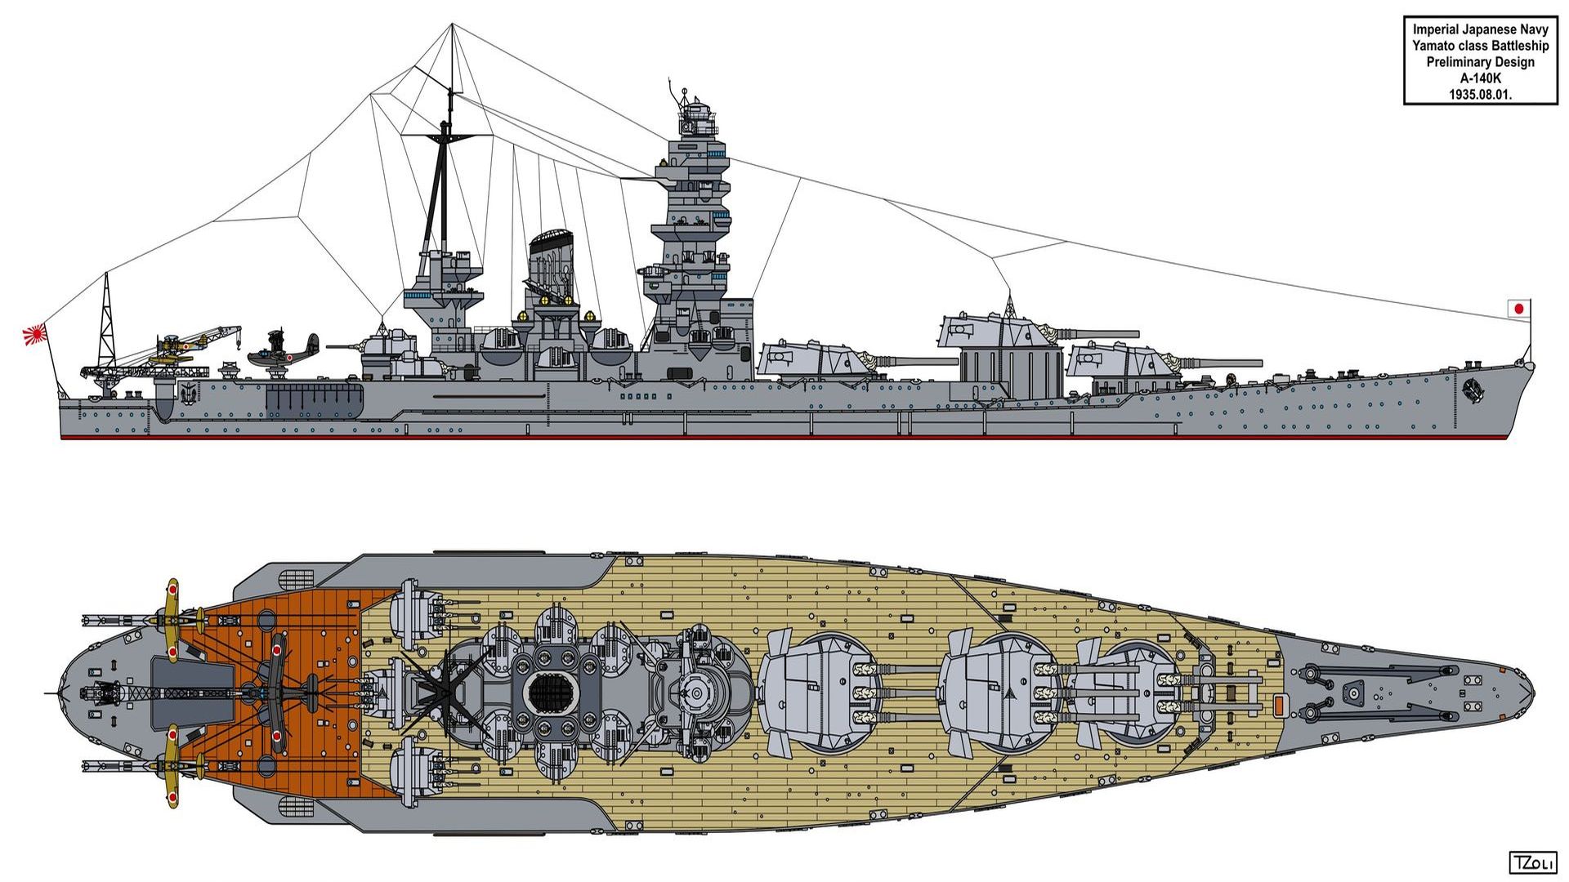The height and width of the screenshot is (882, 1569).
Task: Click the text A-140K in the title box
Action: (x=1480, y=78)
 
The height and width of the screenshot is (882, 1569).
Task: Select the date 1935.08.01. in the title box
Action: (x=1480, y=95)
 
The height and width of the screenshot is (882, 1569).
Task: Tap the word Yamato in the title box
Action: (x=1435, y=46)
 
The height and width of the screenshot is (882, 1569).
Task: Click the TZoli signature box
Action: (x=1532, y=862)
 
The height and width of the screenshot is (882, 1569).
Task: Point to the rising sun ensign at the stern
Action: (x=35, y=335)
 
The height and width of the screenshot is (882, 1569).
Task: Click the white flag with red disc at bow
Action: (x=1518, y=309)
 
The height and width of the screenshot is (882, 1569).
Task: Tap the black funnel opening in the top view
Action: (x=553, y=693)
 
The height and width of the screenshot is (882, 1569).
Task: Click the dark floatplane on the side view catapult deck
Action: (x=284, y=351)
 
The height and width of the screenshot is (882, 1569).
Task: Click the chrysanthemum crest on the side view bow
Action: (x=1473, y=390)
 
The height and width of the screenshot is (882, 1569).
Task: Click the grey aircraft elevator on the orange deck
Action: (x=193, y=693)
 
